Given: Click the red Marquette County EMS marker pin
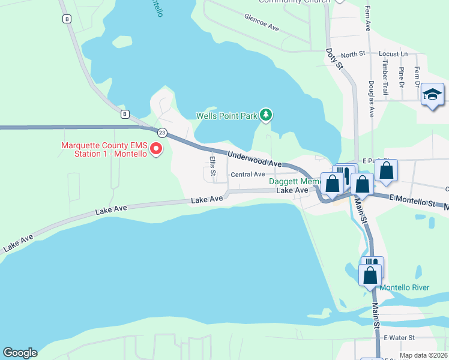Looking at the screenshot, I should coord(156,148).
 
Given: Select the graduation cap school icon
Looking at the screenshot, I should coord(432,95).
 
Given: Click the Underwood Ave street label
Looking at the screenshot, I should coord(255,159).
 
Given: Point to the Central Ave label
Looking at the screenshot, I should coord(247,175).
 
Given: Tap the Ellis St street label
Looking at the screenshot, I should coord(212,163).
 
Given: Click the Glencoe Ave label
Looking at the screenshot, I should coord(262,22).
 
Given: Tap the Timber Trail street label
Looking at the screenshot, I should coord(385,77).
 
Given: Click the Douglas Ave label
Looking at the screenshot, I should coord(372,98).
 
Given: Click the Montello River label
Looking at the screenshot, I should coord(405,287).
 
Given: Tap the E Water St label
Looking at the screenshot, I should coord(399,338).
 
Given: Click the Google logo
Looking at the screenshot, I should coord(20,353).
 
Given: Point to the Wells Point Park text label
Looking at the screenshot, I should coord(226,116).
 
